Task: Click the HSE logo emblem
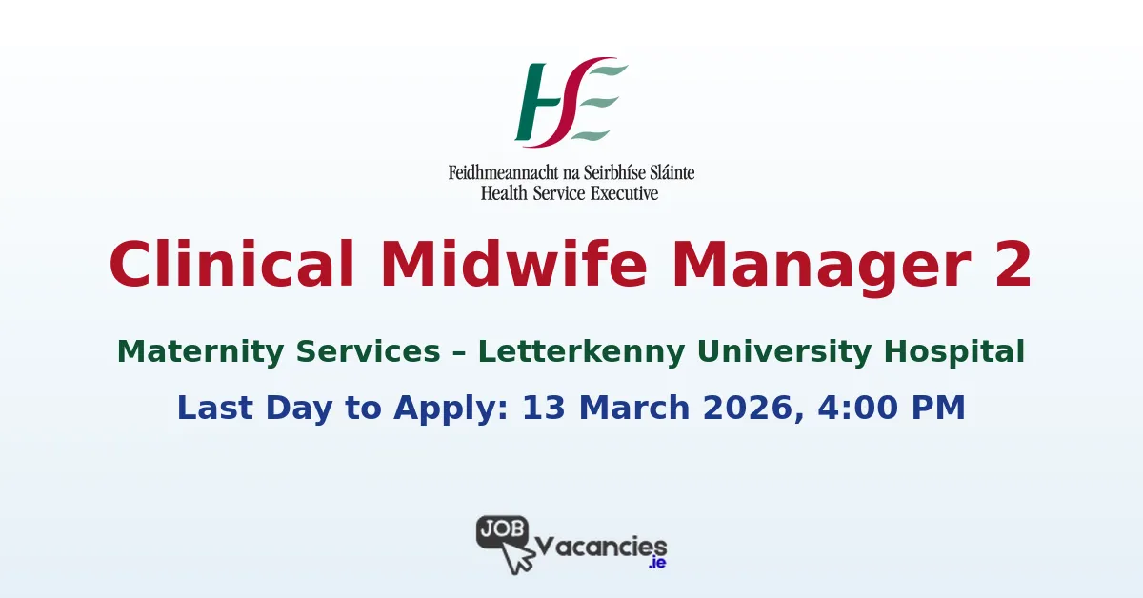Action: (x=571, y=102)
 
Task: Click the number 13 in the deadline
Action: (x=545, y=408)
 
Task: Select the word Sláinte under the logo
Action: (x=666, y=173)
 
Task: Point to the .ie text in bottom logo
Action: (x=656, y=563)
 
